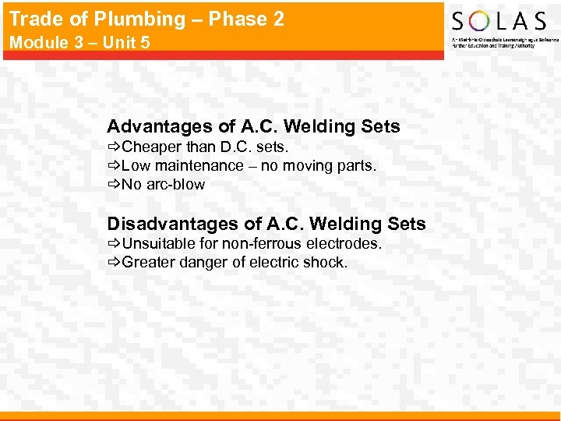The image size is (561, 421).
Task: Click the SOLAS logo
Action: pyautogui.click(x=499, y=24)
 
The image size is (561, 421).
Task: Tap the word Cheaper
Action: pyautogui.click(x=152, y=147)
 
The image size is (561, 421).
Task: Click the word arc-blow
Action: pyautogui.click(x=175, y=185)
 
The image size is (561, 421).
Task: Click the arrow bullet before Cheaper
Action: pyautogui.click(x=113, y=147)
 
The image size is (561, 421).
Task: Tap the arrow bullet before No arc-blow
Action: pyautogui.click(x=113, y=185)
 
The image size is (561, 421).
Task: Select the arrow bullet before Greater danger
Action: pyautogui.click(x=113, y=262)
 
